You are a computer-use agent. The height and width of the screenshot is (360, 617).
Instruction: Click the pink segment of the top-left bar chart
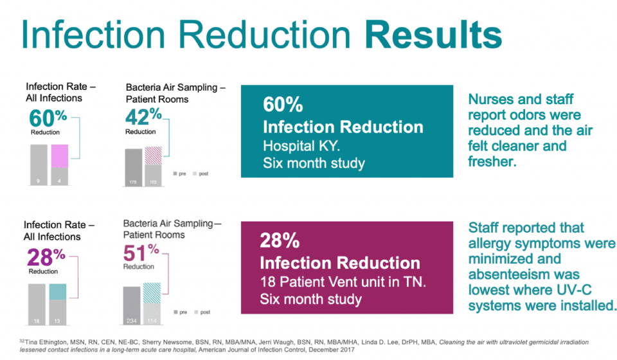59,156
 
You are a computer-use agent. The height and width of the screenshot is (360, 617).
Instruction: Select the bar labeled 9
39,165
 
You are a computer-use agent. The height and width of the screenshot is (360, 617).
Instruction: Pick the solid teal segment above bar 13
57,291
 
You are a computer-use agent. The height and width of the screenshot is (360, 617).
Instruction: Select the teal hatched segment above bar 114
152,293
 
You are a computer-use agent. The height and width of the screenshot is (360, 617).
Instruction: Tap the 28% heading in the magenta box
280,241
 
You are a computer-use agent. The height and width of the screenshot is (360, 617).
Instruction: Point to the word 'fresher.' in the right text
492,161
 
